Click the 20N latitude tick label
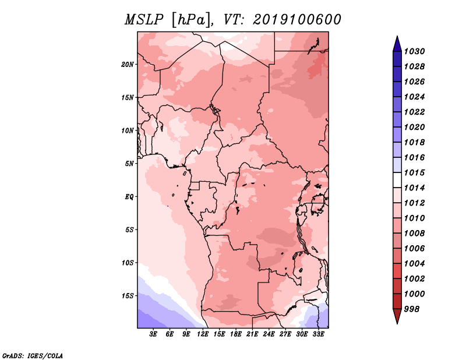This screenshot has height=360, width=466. coord(128,65)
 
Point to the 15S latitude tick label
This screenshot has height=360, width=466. coord(128,296)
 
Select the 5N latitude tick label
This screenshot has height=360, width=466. coord(129,164)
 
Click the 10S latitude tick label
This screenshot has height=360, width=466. coord(128,263)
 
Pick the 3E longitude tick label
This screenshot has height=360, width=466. coord(153,334)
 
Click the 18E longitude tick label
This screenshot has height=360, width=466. coord(236,334)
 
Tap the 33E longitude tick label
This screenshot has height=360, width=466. coord(318,334)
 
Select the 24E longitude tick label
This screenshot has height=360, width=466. coord(269,334)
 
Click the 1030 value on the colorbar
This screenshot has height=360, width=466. coord(414,51)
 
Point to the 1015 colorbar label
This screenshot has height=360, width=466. coord(414,172)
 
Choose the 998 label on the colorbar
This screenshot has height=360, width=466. coord(412,309)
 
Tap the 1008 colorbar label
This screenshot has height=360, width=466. coord(414,234)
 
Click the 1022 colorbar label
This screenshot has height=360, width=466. coord(414,112)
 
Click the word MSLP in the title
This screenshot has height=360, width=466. coord(144,20)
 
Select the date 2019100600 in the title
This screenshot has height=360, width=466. coord(297,20)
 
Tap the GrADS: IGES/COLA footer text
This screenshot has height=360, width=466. coord(33,356)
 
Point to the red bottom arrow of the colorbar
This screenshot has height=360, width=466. coord(397,316)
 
